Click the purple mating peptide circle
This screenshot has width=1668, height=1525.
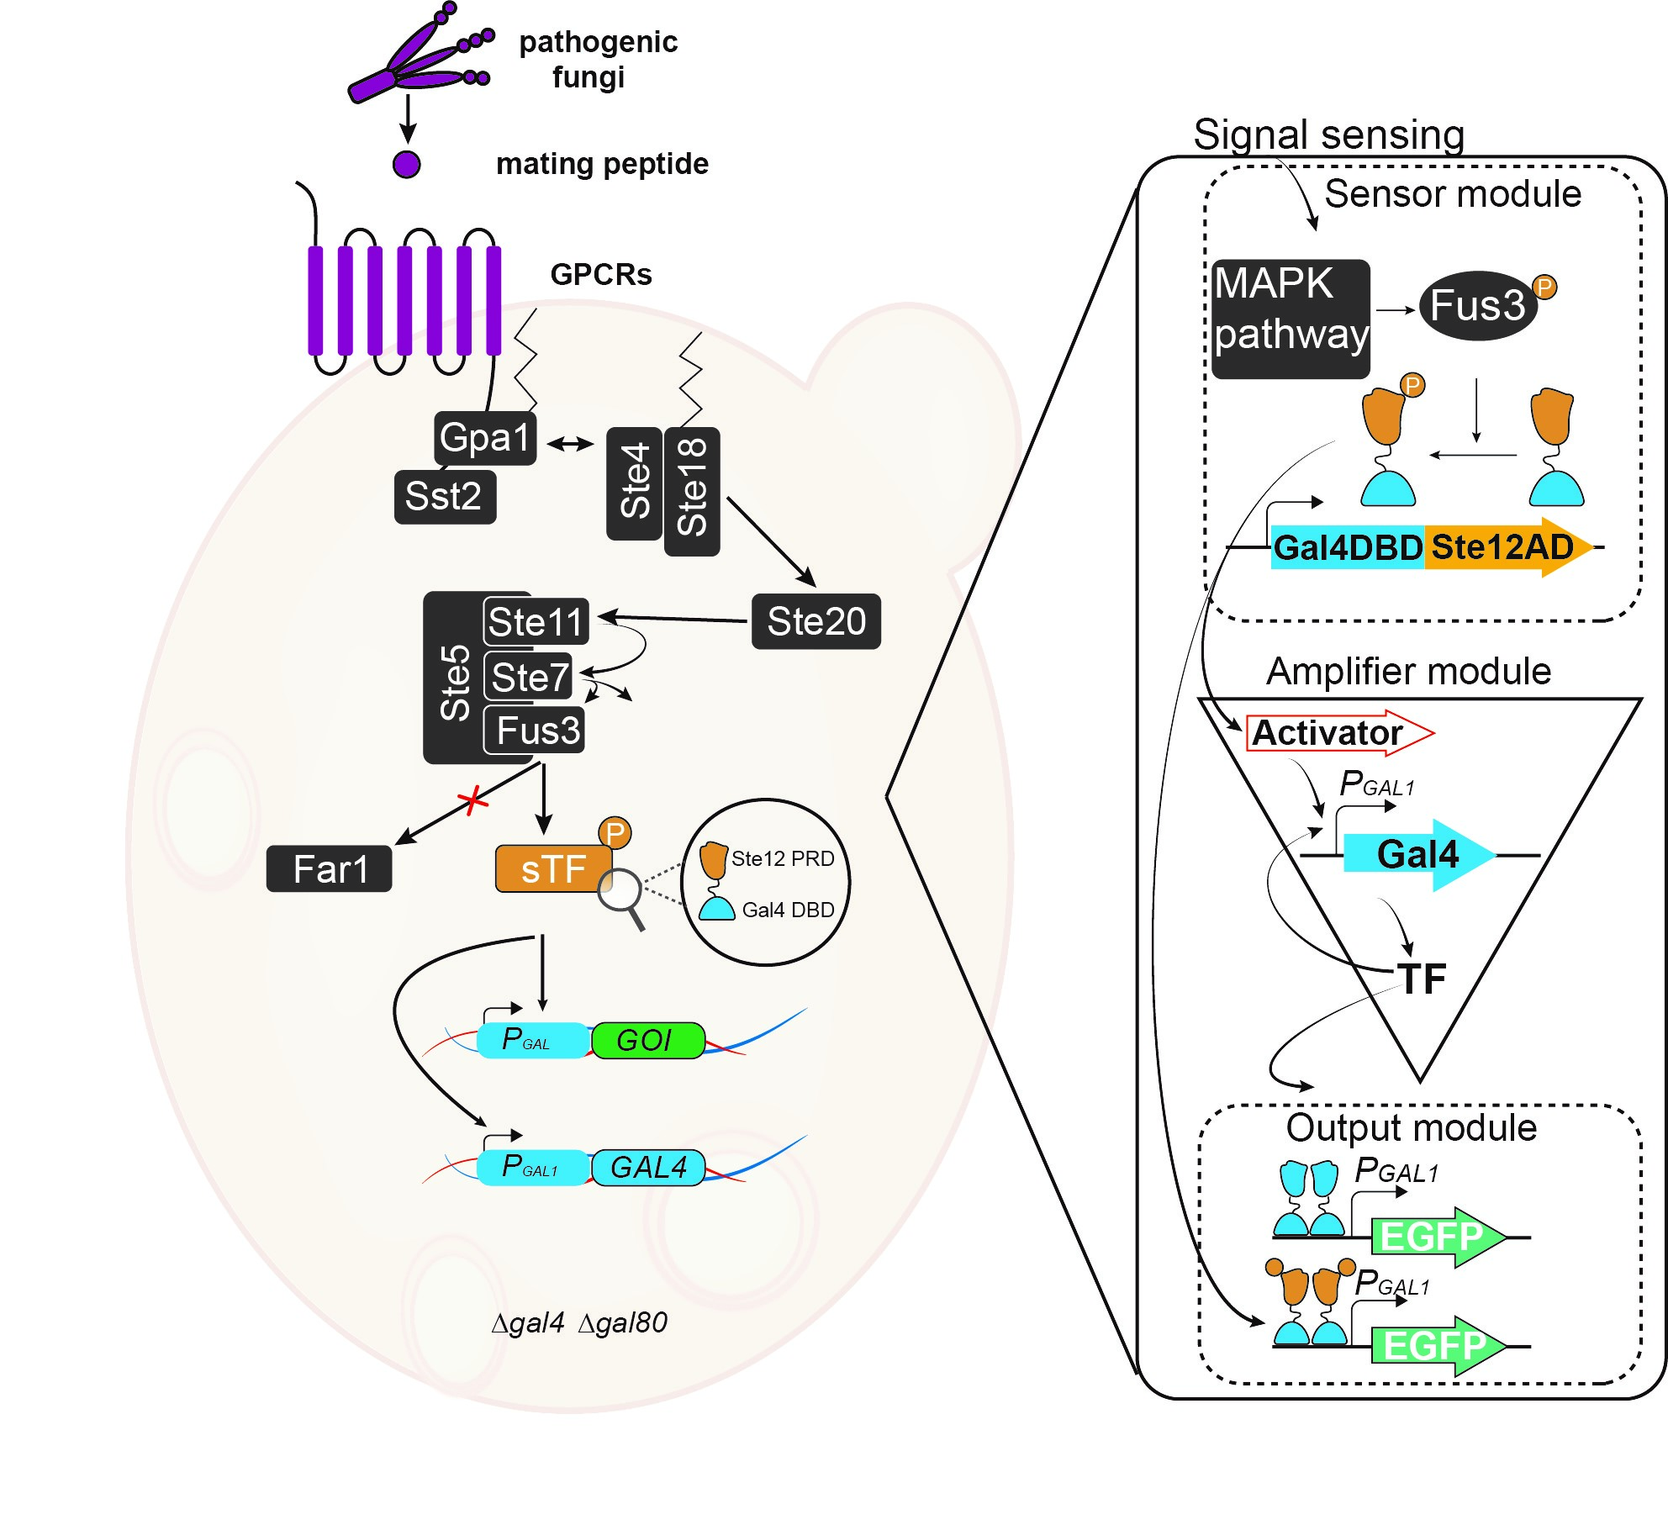click(x=407, y=164)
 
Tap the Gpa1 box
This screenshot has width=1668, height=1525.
click(x=485, y=438)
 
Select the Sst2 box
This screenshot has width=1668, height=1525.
click(x=445, y=497)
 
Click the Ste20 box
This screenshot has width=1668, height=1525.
click(x=816, y=621)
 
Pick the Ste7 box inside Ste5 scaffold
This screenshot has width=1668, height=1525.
click(x=529, y=677)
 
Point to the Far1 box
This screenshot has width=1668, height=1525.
click(x=329, y=868)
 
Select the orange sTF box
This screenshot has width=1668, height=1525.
click(x=552, y=869)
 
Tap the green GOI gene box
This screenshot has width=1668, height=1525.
click(x=647, y=1041)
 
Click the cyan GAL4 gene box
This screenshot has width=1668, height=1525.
click(x=648, y=1168)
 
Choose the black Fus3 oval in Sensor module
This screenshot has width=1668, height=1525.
click(x=1478, y=305)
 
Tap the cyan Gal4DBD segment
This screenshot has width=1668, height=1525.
click(x=1348, y=547)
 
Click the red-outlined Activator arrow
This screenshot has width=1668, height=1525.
click(x=1337, y=733)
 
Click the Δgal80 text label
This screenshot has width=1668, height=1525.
click(x=623, y=1322)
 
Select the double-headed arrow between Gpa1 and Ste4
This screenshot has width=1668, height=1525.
click(x=571, y=443)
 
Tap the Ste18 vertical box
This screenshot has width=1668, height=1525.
click(x=692, y=491)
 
